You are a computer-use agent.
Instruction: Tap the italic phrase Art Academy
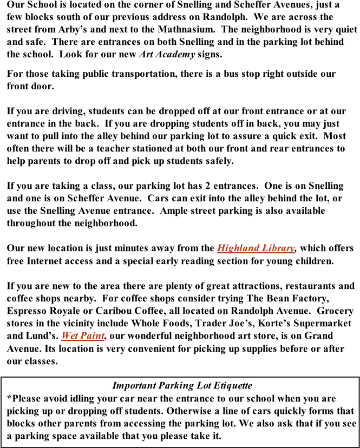click(167, 55)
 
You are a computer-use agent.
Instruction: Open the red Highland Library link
click(256, 248)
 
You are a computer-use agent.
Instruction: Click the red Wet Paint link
click(83, 335)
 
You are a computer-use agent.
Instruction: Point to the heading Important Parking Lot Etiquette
click(182, 385)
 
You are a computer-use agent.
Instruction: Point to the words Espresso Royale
click(42, 311)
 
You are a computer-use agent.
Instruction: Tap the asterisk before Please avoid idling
click(9, 397)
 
